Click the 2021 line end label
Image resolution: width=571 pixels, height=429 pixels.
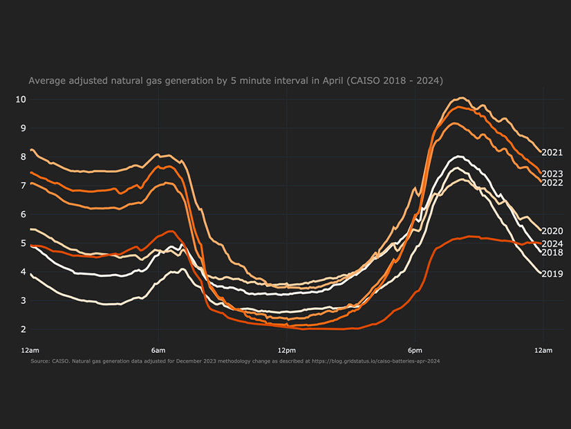click(552, 153)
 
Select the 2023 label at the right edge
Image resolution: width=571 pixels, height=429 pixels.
click(552, 174)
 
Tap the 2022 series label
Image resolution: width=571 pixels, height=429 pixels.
click(552, 183)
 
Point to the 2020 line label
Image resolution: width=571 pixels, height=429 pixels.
click(552, 231)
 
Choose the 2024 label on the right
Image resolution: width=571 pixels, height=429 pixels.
click(552, 244)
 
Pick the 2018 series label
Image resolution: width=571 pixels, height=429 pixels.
click(552, 253)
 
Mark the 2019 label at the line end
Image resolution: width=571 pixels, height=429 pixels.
click(552, 274)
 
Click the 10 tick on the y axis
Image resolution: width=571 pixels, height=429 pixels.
click(21, 99)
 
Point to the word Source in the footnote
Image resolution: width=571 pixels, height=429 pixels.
click(41, 361)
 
